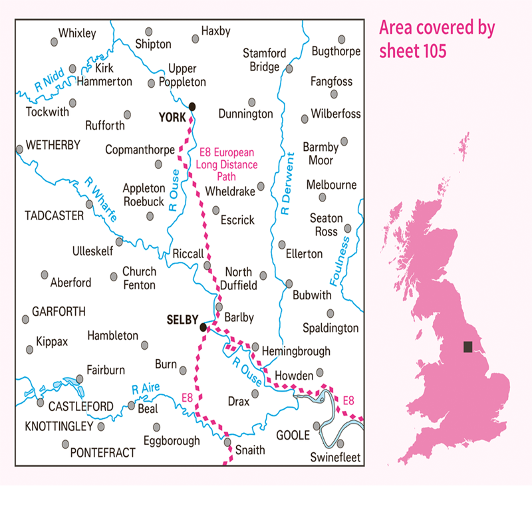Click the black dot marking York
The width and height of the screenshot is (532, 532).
(192, 106)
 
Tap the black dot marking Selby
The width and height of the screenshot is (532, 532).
(203, 327)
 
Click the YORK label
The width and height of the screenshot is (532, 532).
(174, 117)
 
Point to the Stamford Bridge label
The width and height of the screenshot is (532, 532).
(264, 60)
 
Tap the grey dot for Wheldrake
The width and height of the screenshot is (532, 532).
(261, 187)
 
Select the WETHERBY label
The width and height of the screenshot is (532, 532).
(52, 146)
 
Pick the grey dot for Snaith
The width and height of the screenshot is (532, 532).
(227, 442)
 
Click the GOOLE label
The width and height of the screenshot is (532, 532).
(293, 435)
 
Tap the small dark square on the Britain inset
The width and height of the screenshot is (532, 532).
(468, 346)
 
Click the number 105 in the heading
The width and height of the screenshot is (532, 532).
(430, 51)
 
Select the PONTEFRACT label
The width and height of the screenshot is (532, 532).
(102, 452)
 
